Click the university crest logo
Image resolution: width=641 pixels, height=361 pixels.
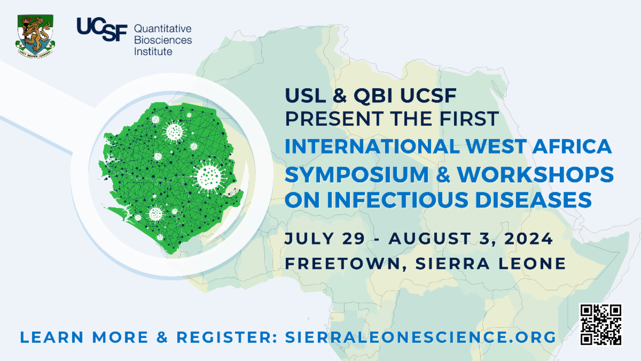click(35, 36)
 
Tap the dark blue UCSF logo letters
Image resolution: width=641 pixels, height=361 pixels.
click(102, 29)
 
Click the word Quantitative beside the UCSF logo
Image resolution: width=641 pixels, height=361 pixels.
click(162, 29)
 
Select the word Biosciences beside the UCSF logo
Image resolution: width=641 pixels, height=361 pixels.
click(163, 40)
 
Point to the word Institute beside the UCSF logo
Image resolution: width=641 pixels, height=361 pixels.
click(153, 51)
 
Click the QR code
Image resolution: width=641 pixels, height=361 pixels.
click(600, 325)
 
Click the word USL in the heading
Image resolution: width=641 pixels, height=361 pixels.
click(306, 95)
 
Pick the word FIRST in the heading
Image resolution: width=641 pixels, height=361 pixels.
click(470, 119)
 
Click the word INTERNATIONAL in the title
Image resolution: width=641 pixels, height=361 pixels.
click(372, 147)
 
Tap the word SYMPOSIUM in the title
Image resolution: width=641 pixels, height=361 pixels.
click(357, 174)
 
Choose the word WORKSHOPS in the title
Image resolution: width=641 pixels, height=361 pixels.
click(535, 174)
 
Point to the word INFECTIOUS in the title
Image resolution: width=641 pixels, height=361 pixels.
click(398, 199)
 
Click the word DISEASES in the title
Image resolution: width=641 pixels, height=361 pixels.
click(534, 199)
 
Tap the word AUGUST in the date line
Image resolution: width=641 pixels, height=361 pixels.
click(430, 239)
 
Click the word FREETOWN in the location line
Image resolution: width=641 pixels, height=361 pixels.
click(342, 264)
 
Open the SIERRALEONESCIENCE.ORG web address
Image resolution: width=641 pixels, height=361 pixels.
click(421, 337)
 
